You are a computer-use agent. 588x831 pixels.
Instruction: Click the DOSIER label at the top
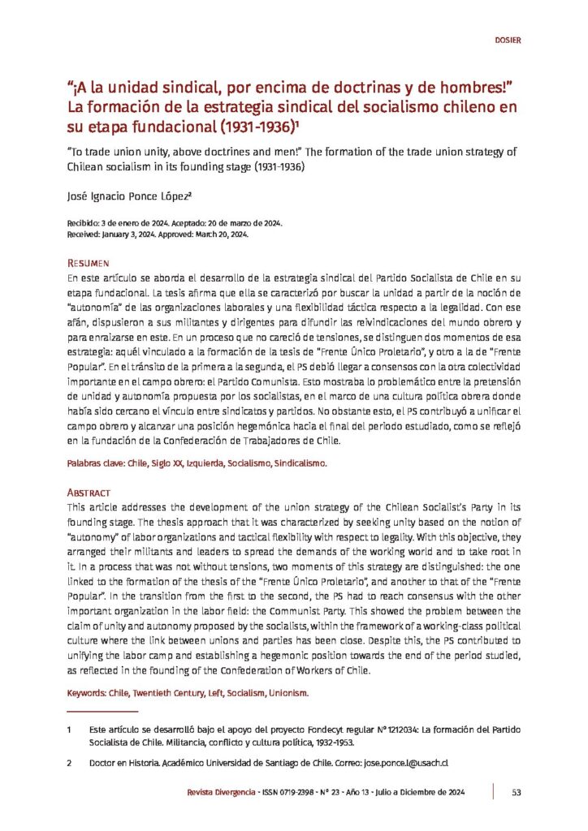point(507,39)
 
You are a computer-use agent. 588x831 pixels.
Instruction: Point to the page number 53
point(516,792)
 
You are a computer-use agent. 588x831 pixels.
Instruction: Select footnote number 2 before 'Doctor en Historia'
point(71,764)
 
